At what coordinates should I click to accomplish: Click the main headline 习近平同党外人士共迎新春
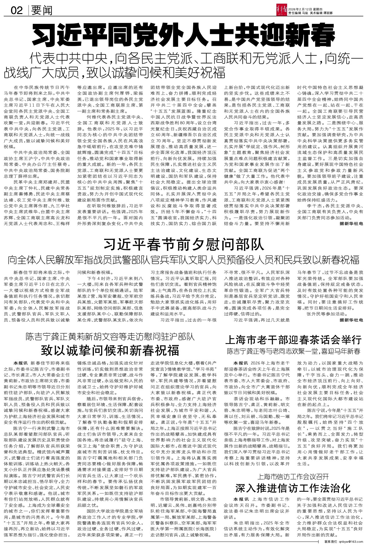[183, 36]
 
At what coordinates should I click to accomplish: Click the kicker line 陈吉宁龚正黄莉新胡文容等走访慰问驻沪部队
[110, 337]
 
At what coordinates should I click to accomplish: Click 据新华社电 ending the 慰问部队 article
[351, 320]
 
